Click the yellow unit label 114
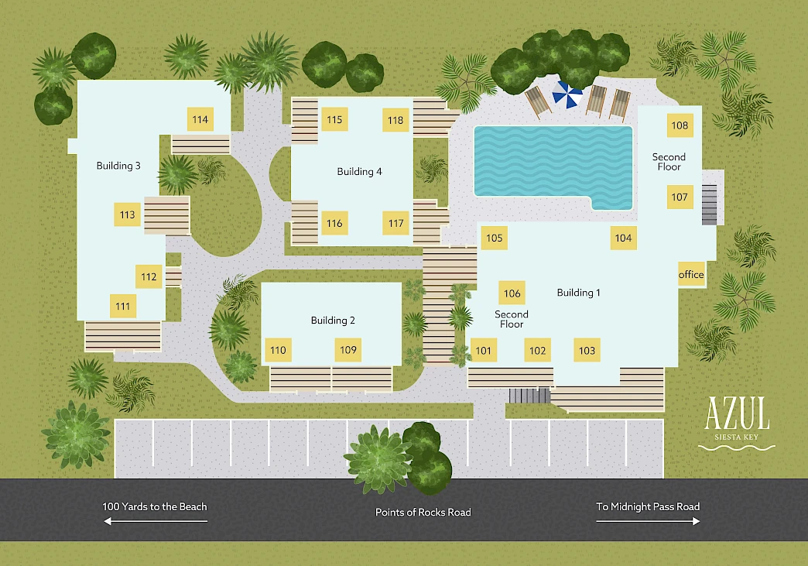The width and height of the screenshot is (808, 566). tap(200, 119)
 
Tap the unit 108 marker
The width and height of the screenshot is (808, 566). tap(680, 125)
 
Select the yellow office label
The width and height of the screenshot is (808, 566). tap(691, 274)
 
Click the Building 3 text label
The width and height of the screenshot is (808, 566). tap(118, 166)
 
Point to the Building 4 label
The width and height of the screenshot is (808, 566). tap(359, 172)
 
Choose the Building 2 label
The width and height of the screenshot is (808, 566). tap(333, 320)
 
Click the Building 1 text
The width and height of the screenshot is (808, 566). tap(578, 292)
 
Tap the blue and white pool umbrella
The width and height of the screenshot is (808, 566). tap(567, 94)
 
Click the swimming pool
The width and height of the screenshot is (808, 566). tap(553, 165)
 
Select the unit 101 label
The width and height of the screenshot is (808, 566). tap(484, 351)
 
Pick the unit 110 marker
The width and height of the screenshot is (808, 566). tap(279, 351)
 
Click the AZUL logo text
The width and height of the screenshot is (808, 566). tap(738, 413)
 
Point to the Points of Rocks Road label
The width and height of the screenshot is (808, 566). tap(423, 513)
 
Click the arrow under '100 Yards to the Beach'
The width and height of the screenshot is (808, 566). tap(156, 521)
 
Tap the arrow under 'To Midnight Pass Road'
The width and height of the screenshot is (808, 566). tap(648, 521)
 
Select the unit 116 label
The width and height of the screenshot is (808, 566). tap(334, 223)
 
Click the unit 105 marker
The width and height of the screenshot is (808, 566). tap(495, 238)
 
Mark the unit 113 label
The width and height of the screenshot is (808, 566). tap(127, 214)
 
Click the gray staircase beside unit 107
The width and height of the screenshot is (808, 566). tap(709, 204)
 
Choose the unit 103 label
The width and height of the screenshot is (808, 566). tap(587, 351)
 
